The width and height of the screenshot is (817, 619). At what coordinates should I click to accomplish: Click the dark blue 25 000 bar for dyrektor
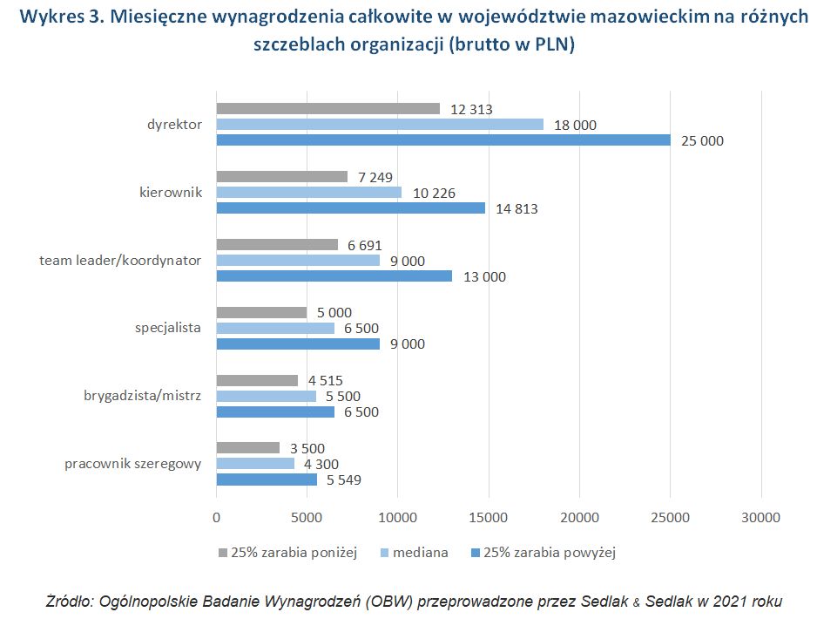coord(442,140)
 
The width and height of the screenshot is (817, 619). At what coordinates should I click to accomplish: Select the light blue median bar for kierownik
coord(308,193)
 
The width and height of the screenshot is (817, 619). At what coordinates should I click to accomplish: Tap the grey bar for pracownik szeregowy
coord(247,448)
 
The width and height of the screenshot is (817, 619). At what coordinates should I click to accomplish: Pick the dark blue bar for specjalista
coord(297,344)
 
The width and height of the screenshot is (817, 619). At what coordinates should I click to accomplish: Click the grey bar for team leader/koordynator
coord(276,245)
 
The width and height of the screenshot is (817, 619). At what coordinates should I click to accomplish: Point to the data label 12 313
coord(471,110)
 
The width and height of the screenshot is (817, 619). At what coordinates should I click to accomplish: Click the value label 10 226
coord(433,193)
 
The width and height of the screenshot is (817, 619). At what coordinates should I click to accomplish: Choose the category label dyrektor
coord(174,125)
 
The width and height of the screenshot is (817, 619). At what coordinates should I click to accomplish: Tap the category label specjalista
coord(168,329)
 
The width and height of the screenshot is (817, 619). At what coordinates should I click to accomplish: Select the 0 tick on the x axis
coord(216,518)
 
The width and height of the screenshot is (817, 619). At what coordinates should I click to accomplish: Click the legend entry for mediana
coord(420,552)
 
